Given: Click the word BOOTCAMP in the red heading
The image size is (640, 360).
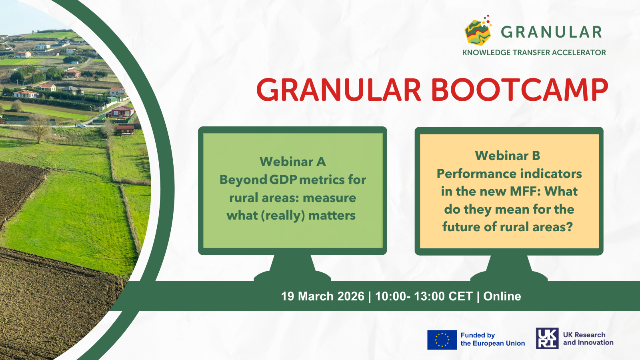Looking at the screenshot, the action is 520,90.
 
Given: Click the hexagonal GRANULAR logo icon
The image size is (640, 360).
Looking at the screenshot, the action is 478,31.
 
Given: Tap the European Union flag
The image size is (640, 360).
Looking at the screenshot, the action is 442,340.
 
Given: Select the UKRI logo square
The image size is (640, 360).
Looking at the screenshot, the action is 547,338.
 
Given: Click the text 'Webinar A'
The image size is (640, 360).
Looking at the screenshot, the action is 292,162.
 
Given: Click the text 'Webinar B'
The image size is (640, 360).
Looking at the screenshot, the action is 508,156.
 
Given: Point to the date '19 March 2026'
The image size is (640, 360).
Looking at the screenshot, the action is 322,296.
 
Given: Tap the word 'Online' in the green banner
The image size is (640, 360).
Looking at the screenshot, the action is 502,296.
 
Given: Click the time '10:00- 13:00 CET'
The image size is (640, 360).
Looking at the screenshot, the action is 424,296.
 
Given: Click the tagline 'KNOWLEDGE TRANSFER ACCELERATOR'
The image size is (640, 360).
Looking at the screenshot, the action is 534,52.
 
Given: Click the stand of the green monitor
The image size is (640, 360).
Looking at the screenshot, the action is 292,268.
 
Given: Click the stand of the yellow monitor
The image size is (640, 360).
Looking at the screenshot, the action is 509,268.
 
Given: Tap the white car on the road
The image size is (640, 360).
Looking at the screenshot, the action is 81,126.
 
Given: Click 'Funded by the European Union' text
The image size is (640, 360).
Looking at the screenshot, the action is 492,339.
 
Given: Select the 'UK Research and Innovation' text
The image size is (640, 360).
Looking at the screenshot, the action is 588,338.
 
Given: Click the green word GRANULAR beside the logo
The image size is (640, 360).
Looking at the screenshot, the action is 551,32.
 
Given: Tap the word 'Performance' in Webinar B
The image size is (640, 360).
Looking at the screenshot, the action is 474,174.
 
